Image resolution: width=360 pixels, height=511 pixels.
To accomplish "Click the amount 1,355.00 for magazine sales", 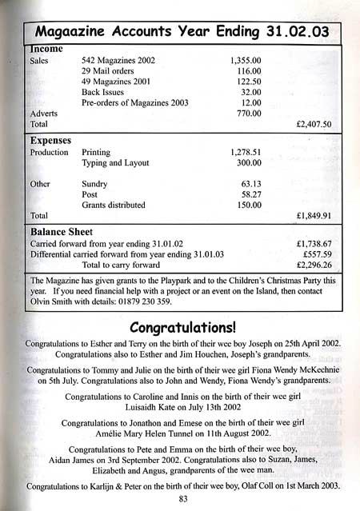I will pos(245,60).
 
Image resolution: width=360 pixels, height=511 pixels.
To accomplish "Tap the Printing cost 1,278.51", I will pos(246,151).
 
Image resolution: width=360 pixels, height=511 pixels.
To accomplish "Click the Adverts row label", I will pos(43,114).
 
